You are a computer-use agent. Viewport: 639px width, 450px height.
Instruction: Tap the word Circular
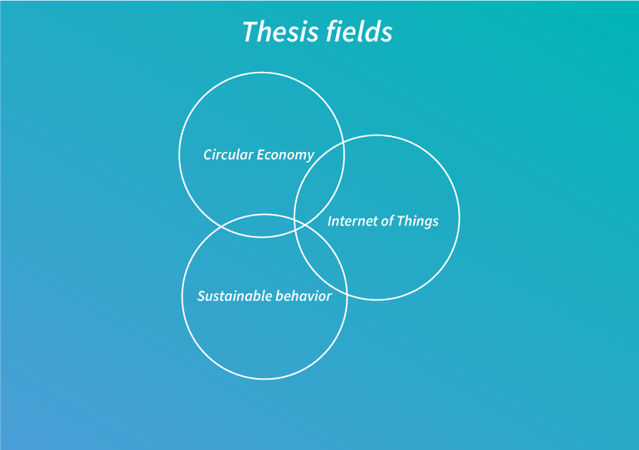click(228, 155)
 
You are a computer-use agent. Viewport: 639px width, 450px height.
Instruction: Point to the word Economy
click(285, 156)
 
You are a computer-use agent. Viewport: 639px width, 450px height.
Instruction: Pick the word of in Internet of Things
click(387, 221)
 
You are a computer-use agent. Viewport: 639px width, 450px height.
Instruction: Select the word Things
click(417, 222)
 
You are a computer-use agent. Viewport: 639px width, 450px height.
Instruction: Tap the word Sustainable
click(229, 296)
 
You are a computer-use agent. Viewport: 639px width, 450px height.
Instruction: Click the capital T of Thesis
click(251, 32)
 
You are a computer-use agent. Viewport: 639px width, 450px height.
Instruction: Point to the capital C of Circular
click(208, 155)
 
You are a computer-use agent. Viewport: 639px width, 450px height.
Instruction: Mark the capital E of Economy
click(260, 155)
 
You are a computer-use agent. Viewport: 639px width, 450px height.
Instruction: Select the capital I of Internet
click(330, 221)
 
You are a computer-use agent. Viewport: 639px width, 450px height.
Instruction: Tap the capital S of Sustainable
click(201, 296)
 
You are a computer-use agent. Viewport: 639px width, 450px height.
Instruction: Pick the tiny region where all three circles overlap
click(299, 225)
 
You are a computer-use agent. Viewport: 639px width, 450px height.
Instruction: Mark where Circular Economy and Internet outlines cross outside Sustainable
click(343, 141)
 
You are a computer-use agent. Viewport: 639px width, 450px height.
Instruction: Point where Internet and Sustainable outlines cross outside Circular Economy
click(348, 293)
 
